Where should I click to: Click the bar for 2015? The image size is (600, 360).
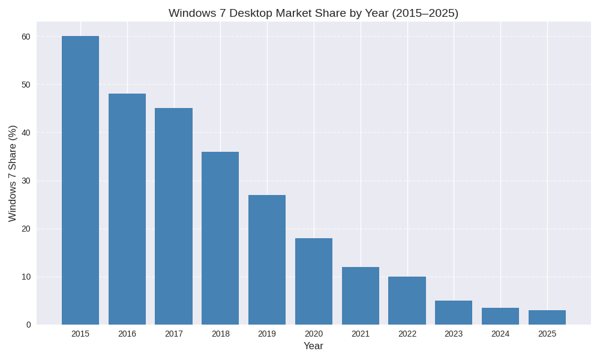pos(80,180)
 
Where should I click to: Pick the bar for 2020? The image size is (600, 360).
pos(314,281)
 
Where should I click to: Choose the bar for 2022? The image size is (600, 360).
pos(407,301)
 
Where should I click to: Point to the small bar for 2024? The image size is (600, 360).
pos(500,316)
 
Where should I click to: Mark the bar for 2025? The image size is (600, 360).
pos(547,317)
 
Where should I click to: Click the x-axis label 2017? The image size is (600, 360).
pos(174,334)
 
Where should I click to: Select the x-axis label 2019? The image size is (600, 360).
pos(267,334)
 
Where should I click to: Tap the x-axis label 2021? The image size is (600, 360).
pos(361,334)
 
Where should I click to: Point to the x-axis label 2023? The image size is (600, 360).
pos(454,334)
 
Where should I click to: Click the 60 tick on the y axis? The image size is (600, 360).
pos(26,37)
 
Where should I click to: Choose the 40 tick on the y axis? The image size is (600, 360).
pos(26,133)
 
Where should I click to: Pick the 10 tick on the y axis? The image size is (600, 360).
pos(26,277)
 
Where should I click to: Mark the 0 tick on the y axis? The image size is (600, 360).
pos(28,325)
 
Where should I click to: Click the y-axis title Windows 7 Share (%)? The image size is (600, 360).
pos(12,173)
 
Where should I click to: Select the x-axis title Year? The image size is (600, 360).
pos(313,346)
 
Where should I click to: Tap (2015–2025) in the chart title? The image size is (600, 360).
pos(425,13)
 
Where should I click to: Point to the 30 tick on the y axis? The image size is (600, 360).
pos(26,181)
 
